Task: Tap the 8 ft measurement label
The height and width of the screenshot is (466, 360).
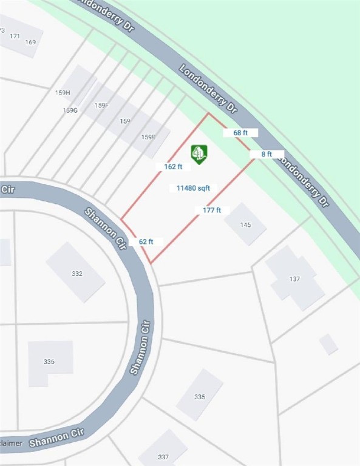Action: click(x=267, y=154)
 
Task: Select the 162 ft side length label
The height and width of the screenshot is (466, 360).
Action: click(x=173, y=166)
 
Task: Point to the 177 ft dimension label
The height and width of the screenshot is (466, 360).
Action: click(x=212, y=211)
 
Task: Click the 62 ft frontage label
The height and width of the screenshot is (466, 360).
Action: click(x=146, y=241)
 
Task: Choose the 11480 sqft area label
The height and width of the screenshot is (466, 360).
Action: click(x=193, y=188)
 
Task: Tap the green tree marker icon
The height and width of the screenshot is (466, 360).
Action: click(x=199, y=154)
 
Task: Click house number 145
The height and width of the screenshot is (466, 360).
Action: click(x=245, y=225)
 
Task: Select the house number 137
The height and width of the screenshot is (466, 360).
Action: click(x=294, y=279)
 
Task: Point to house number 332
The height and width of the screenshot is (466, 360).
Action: click(x=76, y=274)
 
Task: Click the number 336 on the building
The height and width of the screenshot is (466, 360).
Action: click(x=49, y=362)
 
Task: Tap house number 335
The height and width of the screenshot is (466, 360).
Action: click(x=200, y=397)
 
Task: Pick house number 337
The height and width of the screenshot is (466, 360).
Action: click(x=163, y=457)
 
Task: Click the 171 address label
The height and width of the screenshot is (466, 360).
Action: click(x=15, y=36)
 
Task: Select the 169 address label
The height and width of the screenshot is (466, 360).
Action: click(x=31, y=42)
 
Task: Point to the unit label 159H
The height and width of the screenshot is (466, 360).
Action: click(x=63, y=92)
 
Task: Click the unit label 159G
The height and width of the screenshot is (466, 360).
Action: click(x=70, y=110)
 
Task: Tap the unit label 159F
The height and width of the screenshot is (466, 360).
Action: click(x=101, y=106)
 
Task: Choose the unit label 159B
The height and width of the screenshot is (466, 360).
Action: click(x=148, y=137)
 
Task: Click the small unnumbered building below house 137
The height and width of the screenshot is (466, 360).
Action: click(x=328, y=344)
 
